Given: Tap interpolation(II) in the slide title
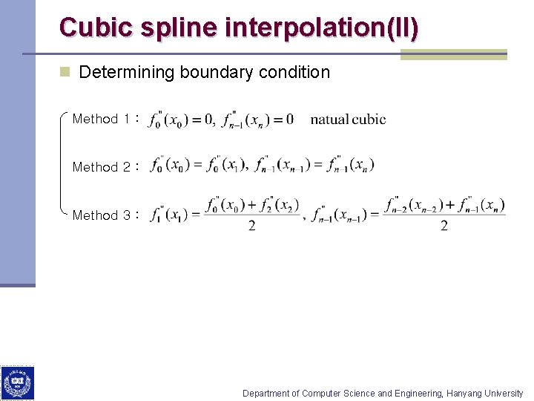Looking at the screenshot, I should pos(321,27).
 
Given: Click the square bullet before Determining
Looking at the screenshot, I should pos(65,72).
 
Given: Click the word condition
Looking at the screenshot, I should pos(294,73).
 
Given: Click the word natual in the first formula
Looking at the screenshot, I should pos(329,120).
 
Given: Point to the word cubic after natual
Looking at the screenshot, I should pos(369,120).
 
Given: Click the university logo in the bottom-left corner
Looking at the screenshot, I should pos(17,383).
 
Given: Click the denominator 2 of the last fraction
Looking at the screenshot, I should pos(444,226).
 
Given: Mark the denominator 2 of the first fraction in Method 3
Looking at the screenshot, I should pos(252,226).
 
